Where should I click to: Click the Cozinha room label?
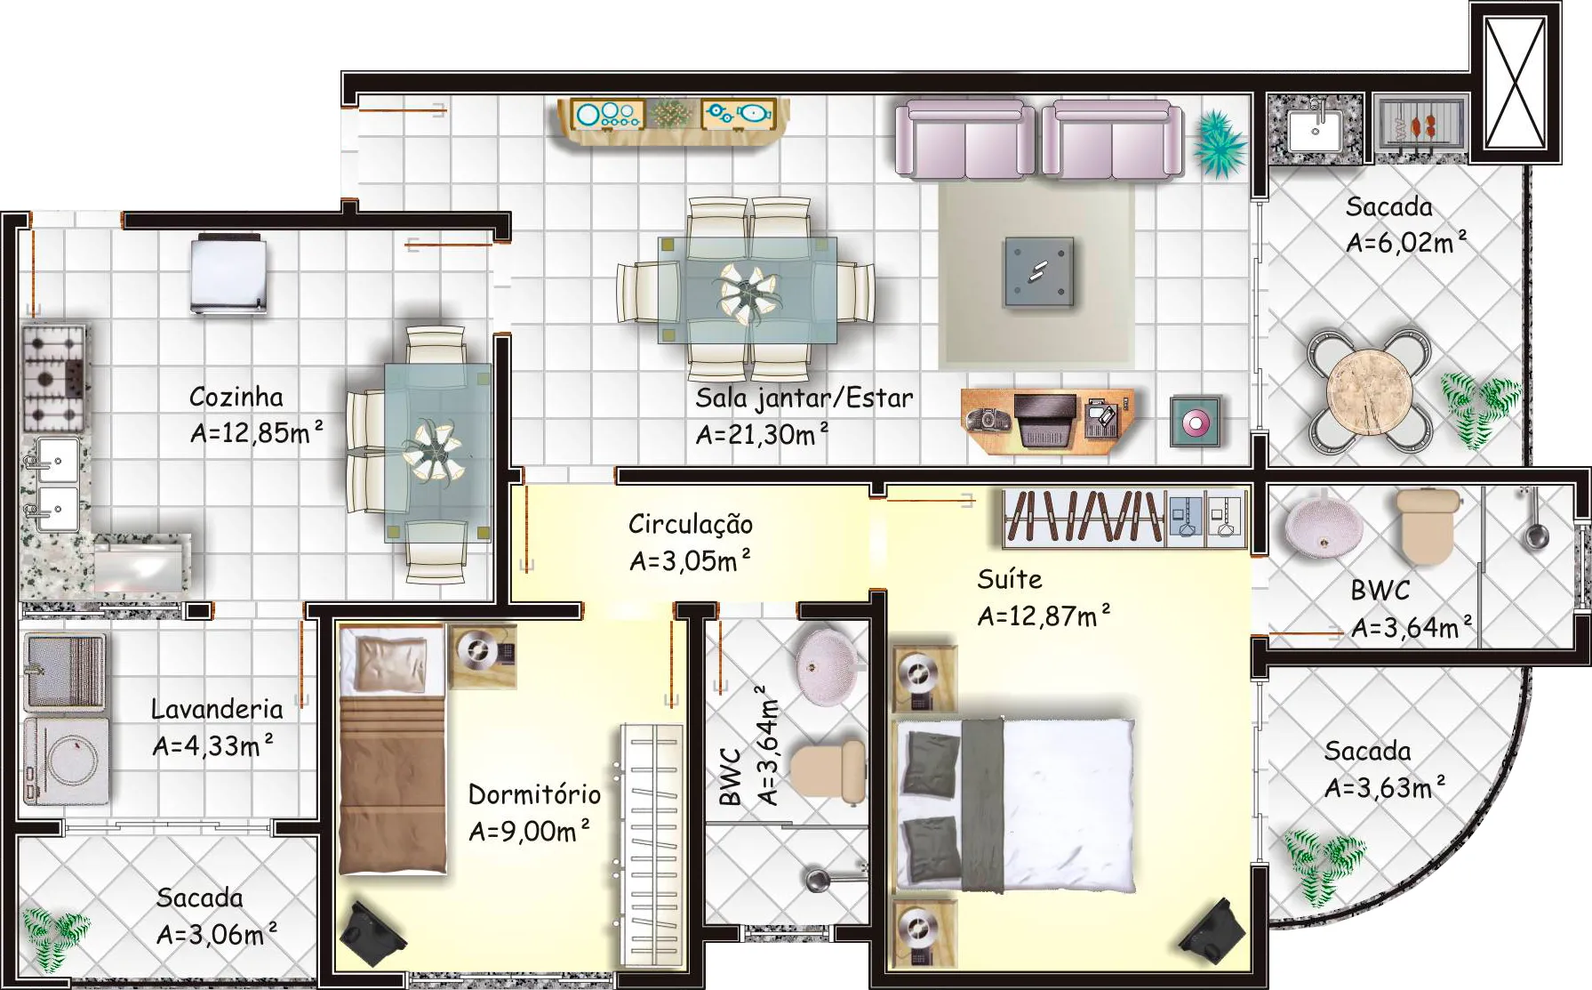[236, 397]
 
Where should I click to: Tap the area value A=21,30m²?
[762, 434]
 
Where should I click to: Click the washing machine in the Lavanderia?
[66, 760]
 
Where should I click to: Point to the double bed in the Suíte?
[1015, 804]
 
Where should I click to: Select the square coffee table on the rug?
[1039, 271]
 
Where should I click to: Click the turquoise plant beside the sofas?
[1220, 142]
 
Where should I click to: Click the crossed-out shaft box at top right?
[1516, 82]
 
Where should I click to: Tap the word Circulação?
[691, 524]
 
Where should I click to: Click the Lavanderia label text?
[217, 709]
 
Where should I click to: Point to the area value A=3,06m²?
[216, 934]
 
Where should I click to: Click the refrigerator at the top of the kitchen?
[228, 273]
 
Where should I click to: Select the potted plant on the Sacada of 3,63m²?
[1324, 861]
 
